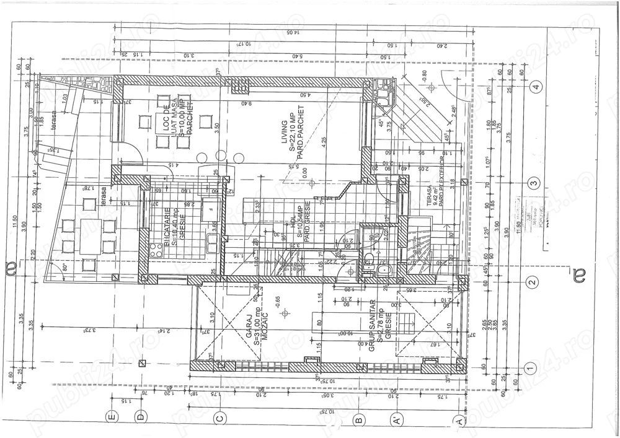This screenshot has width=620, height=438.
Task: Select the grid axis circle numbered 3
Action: [x=533, y=183]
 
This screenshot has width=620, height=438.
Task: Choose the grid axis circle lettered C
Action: [x=219, y=419]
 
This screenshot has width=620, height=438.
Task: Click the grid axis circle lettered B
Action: [x=358, y=420]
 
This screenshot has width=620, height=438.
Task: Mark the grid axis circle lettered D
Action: [x=141, y=417]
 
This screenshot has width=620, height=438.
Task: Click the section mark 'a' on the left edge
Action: [x=25, y=269]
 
